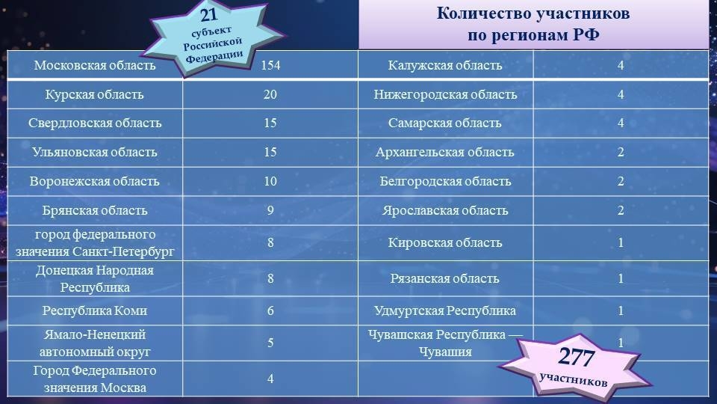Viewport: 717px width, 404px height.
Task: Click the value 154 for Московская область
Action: coord(270,65)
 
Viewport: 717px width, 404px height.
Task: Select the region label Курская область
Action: coord(95,94)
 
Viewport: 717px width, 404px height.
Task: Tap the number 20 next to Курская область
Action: coord(270,94)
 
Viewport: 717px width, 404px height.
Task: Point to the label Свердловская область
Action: coord(95,123)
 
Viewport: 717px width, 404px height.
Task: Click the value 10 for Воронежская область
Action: coord(270,181)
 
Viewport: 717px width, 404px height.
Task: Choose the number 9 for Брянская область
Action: coord(270,211)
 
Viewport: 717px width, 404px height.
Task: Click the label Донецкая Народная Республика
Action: coord(95,278)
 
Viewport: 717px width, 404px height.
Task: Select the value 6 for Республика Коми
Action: coord(270,311)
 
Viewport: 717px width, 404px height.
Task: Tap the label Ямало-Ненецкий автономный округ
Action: coord(95,343)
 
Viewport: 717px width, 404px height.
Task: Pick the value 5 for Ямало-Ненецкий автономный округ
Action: coord(270,343)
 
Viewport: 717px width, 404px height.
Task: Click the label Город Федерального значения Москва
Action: coord(95,379)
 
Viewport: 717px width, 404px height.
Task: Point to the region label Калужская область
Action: coord(445,65)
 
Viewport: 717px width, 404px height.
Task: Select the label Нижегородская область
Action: coord(445,94)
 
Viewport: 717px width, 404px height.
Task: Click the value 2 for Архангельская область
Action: coord(621,152)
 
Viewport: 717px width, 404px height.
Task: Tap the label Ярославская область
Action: coord(445,211)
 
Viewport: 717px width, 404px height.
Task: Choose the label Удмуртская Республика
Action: coord(445,311)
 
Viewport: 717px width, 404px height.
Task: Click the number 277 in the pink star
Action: coord(576,356)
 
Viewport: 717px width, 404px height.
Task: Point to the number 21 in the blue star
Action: coord(208,15)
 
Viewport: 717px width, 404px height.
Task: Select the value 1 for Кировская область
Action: coord(621,242)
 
